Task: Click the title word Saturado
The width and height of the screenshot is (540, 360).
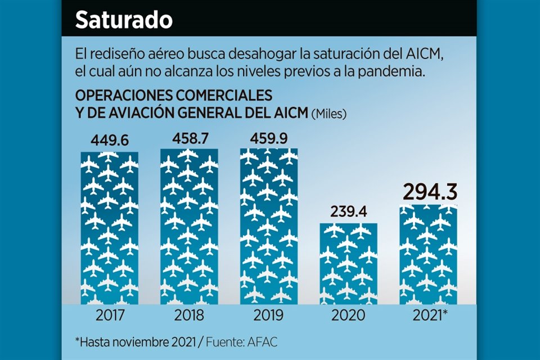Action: [124, 20]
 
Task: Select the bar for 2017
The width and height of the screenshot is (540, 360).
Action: [109, 228]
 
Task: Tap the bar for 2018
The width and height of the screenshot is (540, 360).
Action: [189, 226]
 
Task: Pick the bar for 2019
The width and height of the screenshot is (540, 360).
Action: [269, 226]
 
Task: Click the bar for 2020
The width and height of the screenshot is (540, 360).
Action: [349, 263]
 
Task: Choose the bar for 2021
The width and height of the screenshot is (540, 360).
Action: [429, 255]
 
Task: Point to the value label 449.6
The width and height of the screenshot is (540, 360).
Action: [109, 139]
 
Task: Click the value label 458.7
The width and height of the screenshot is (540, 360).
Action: [189, 137]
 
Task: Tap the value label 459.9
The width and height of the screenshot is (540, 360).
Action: [269, 137]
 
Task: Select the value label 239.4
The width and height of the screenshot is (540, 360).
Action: [349, 211]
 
